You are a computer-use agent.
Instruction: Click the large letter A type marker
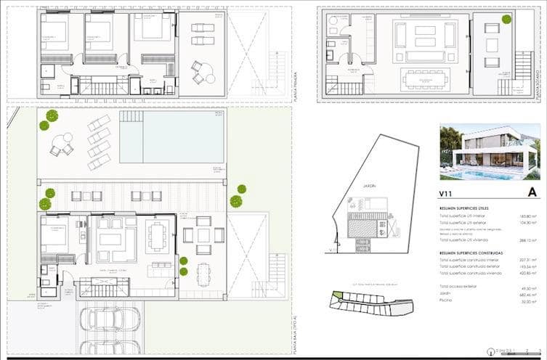click(x=532, y=192)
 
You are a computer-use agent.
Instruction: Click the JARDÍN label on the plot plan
click(x=354, y=186)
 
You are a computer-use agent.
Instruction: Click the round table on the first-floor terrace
click(x=208, y=75)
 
